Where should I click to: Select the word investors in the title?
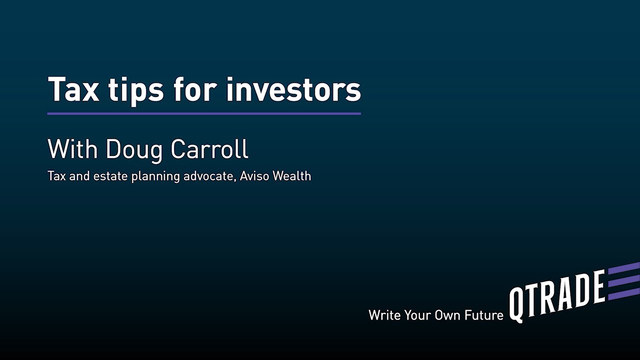click(293, 89)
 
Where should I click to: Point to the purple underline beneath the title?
click(204, 113)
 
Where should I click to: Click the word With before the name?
click(73, 148)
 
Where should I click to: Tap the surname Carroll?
click(209, 148)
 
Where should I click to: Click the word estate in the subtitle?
click(108, 176)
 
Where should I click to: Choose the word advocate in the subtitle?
click(205, 176)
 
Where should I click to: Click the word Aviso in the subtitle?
click(255, 176)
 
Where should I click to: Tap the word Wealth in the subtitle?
click(292, 176)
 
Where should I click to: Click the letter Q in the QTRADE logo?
click(517, 304)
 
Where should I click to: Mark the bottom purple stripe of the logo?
click(623, 293)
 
